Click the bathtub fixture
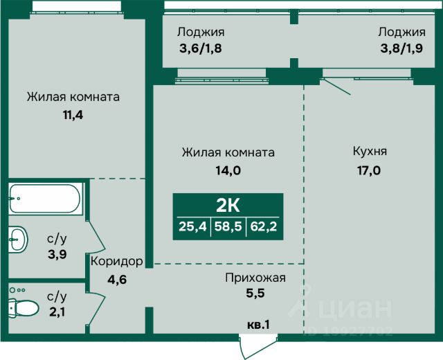(46, 198)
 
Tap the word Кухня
(370, 152)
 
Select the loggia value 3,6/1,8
(201, 49)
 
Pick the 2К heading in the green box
(228, 205)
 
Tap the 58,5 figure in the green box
(228, 225)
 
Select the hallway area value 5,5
(255, 294)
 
